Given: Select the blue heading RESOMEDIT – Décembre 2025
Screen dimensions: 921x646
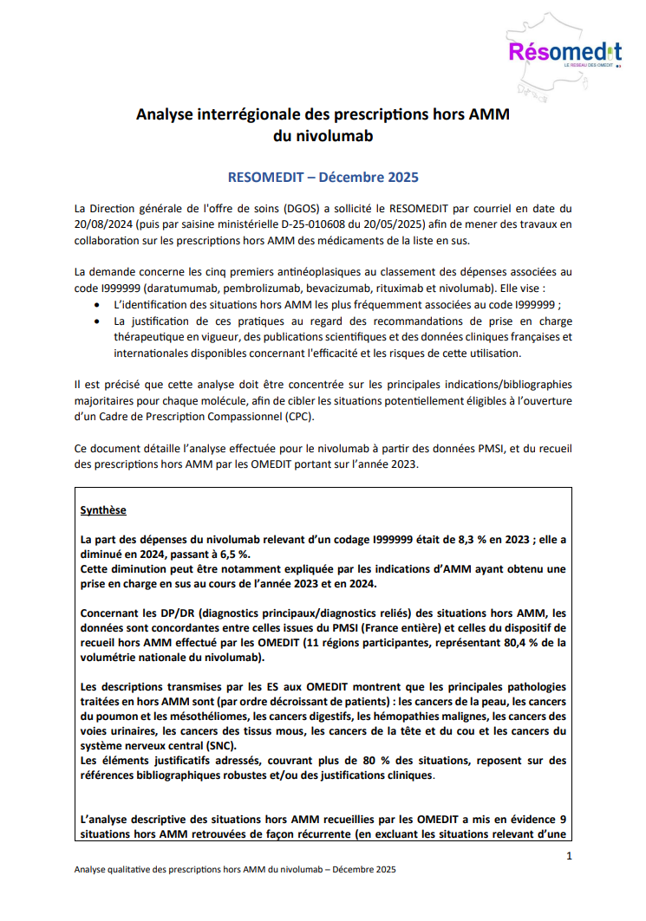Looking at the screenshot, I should pos(323,177).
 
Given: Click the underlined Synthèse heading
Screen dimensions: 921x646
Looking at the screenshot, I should pos(102,510).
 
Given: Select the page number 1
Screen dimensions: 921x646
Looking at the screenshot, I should pos(569,856).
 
